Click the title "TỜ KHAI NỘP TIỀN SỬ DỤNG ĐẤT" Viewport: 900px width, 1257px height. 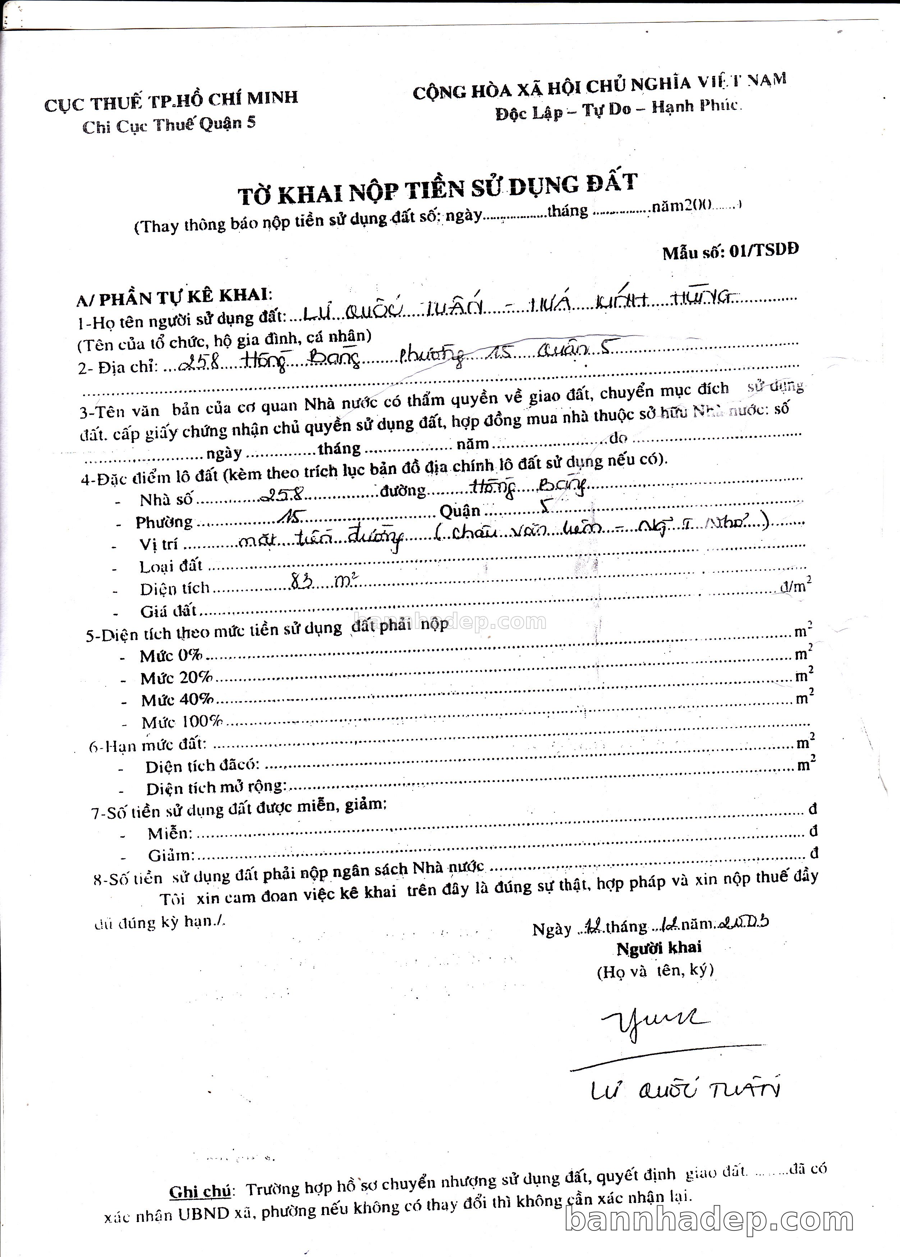(438, 188)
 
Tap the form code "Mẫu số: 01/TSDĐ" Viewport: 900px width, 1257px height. (730, 251)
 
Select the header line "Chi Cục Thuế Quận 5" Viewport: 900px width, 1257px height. (169, 125)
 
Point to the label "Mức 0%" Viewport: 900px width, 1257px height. (171, 656)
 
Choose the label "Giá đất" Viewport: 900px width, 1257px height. (168, 611)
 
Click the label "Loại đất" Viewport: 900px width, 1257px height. (171, 566)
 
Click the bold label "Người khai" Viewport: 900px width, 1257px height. (658, 948)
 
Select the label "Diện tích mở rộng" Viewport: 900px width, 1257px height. (216, 787)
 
